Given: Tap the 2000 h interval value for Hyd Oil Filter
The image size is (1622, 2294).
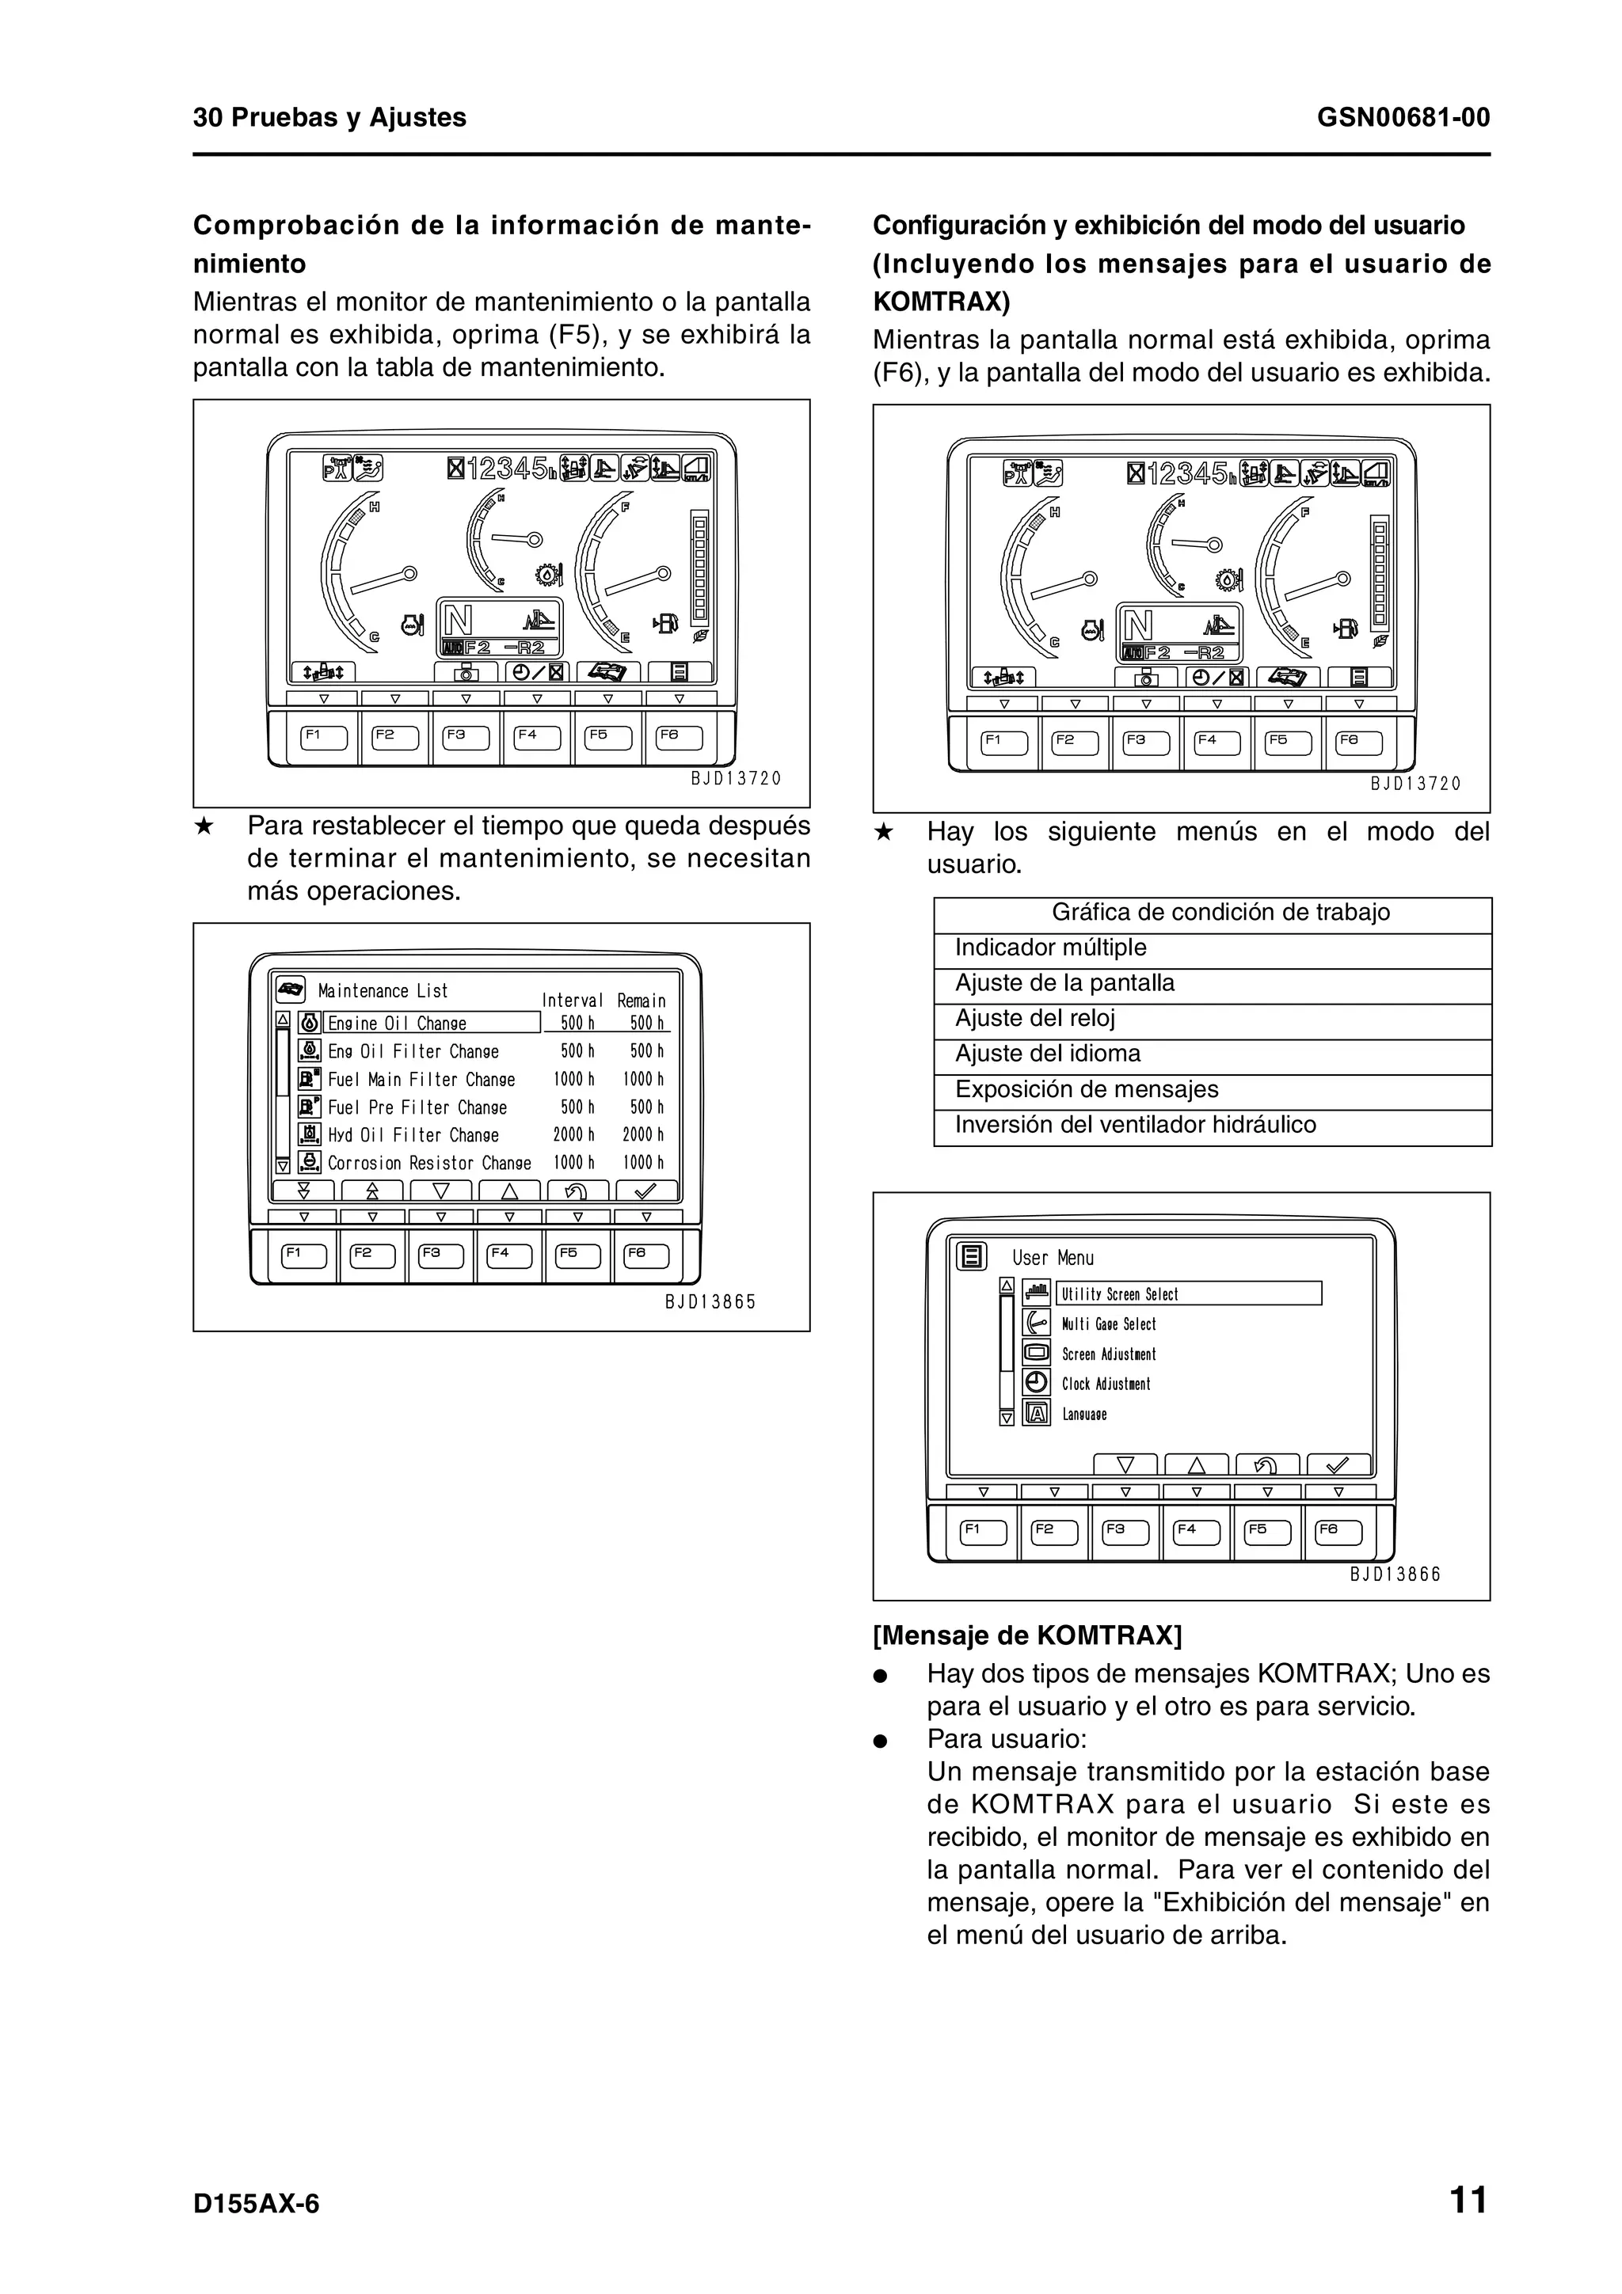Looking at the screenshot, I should [x=573, y=1135].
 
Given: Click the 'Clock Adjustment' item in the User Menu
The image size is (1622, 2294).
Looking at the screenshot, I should [x=1106, y=1384].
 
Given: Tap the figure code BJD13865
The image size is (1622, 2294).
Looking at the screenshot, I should [x=710, y=1302].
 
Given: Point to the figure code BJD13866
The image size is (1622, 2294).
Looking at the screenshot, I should [x=1395, y=1574].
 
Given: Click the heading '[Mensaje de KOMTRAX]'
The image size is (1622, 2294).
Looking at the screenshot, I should [x=1027, y=1635].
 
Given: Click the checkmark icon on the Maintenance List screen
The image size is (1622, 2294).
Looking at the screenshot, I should [x=645, y=1191].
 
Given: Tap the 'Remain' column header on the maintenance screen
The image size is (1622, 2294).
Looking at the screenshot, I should [x=641, y=1000].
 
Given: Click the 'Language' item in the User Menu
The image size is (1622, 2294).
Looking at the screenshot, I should [x=1084, y=1415].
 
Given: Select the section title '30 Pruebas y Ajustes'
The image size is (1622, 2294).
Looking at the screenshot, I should [x=329, y=118].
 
